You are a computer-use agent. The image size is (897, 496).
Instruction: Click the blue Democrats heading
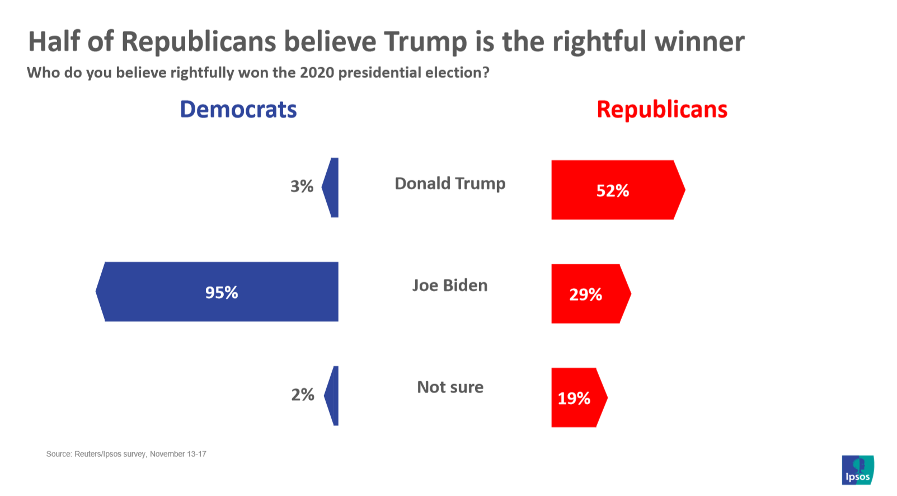[238, 109]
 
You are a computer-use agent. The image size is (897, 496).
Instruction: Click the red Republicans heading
[661, 109]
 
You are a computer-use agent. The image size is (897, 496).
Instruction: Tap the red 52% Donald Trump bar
[616, 190]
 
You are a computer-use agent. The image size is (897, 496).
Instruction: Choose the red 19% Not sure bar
[577, 397]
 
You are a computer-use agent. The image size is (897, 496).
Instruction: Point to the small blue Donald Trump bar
[332, 188]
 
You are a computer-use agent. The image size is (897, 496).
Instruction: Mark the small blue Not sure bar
[333, 396]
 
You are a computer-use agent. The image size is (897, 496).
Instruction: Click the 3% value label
[302, 186]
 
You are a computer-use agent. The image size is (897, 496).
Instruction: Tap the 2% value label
[303, 395]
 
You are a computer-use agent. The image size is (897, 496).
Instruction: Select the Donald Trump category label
[450, 184]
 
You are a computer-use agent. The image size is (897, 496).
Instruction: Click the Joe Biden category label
[450, 286]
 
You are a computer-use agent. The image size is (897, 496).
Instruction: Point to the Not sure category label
[450, 387]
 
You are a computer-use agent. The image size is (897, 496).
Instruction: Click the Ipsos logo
[857, 470]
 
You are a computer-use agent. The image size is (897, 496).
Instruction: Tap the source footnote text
[126, 454]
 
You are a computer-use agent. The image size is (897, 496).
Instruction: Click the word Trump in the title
[425, 41]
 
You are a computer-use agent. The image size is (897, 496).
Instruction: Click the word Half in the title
[54, 41]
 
